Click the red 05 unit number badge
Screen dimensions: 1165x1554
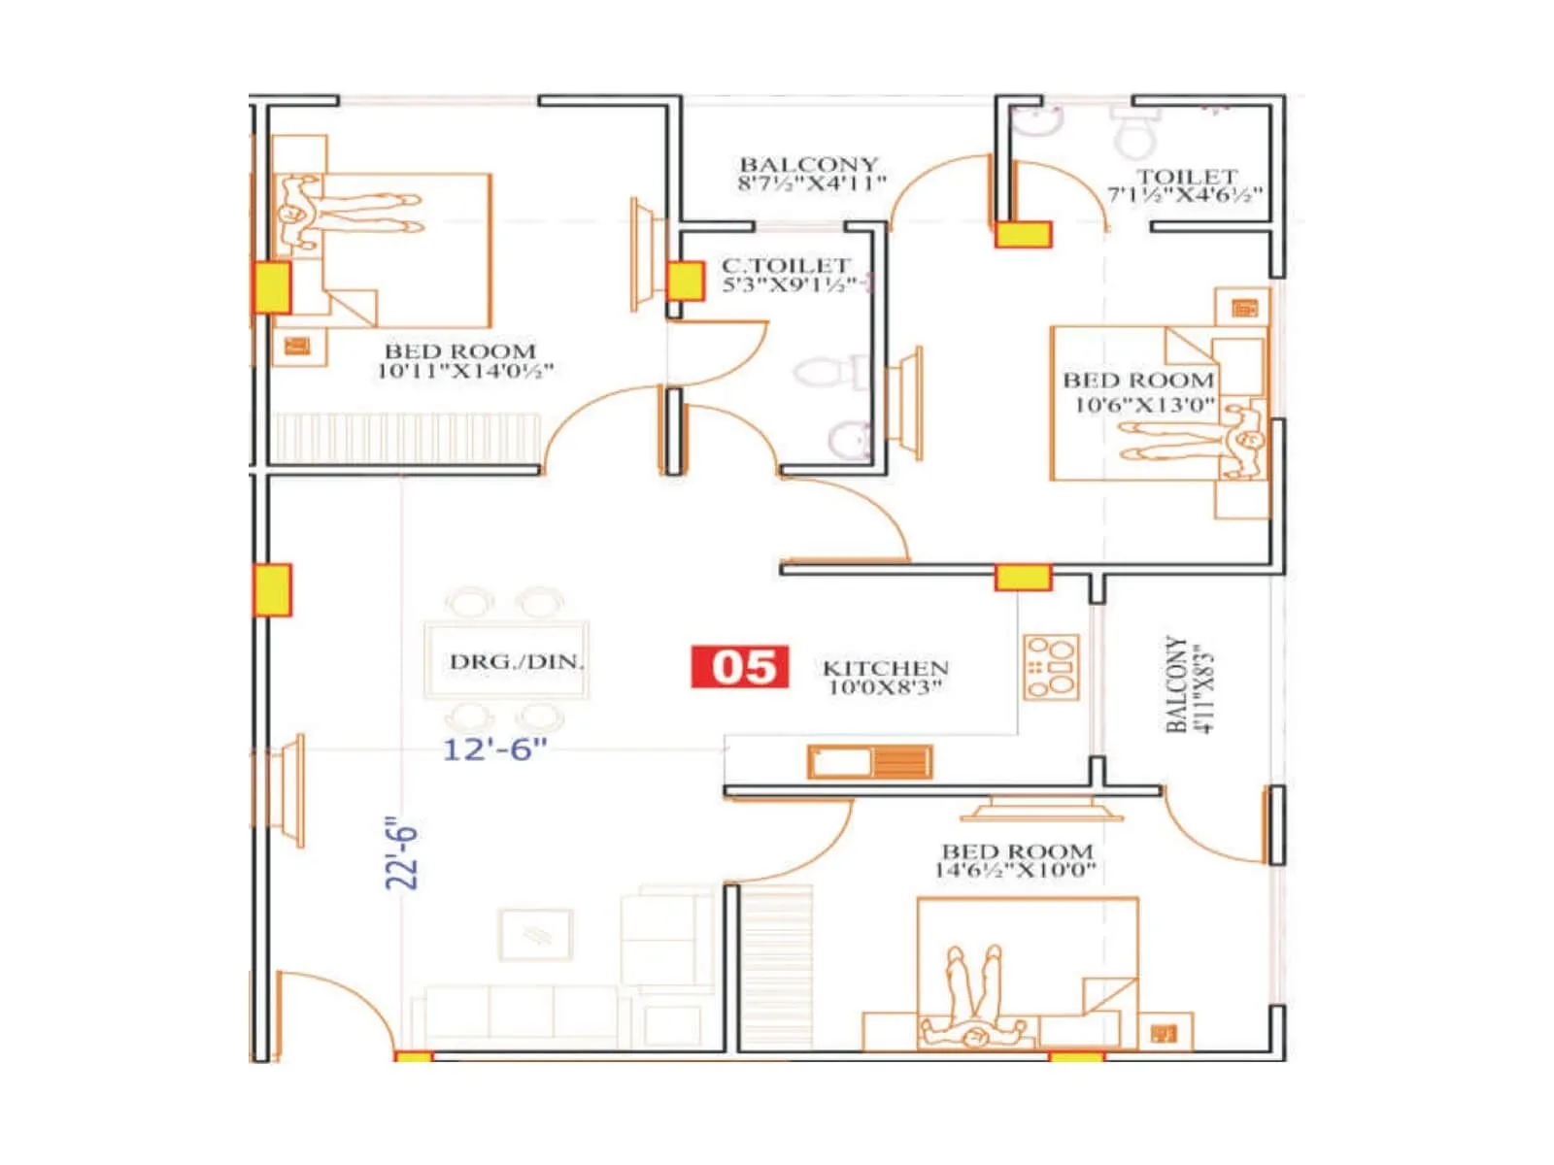739,667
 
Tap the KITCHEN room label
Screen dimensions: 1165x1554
885,677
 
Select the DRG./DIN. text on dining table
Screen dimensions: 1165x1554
516,662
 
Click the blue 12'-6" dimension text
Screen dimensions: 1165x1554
494,749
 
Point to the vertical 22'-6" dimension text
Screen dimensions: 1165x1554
401,852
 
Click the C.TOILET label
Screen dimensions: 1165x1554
786,275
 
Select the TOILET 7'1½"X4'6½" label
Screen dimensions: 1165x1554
1186,185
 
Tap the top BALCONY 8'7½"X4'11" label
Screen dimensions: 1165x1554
809,174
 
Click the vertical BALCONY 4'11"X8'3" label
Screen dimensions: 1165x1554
1189,685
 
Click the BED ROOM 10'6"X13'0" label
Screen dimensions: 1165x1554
1139,392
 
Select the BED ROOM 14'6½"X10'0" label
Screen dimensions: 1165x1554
1016,860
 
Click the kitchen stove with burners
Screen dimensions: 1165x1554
1051,667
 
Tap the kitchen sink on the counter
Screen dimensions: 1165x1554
841,762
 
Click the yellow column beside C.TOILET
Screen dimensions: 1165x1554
685,282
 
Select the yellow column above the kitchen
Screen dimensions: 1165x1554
1023,578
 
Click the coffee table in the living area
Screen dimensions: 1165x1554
535,935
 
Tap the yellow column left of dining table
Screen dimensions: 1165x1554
273,589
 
